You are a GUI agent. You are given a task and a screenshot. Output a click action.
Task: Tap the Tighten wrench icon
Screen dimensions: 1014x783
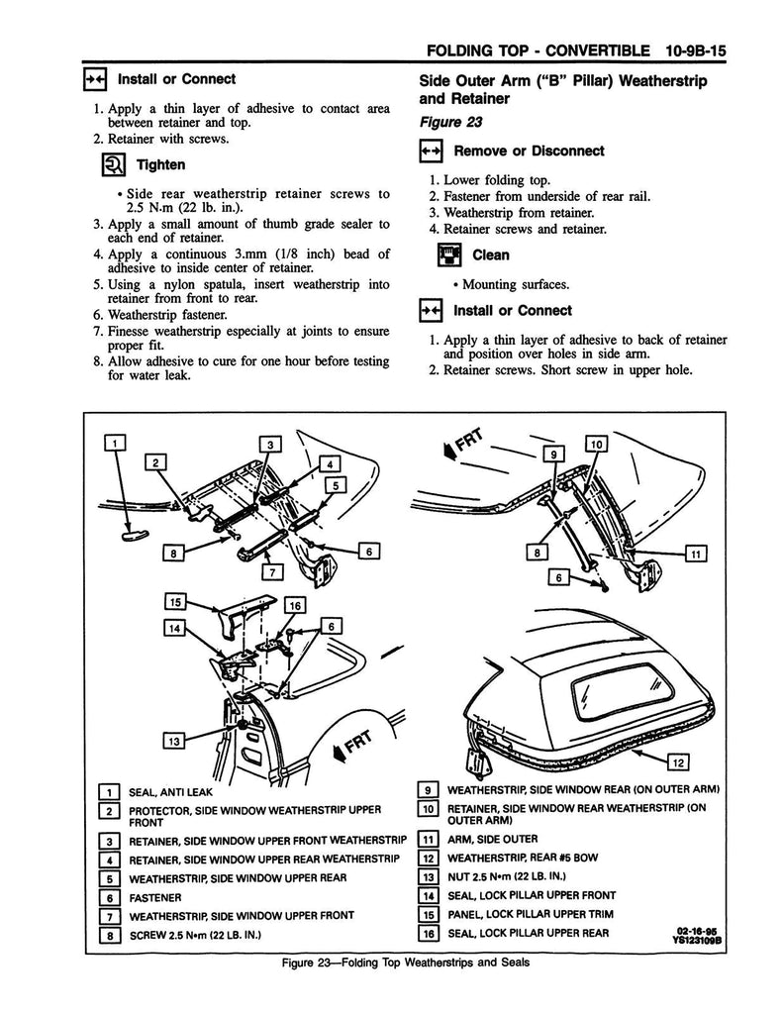coord(112,164)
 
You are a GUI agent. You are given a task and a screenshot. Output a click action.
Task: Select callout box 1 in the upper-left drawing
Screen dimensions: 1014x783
coord(117,443)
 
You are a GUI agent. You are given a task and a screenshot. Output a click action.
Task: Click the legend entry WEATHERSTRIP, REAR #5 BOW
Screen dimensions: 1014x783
coord(525,857)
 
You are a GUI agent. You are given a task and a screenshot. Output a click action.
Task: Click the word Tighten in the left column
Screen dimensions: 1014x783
coord(159,164)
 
